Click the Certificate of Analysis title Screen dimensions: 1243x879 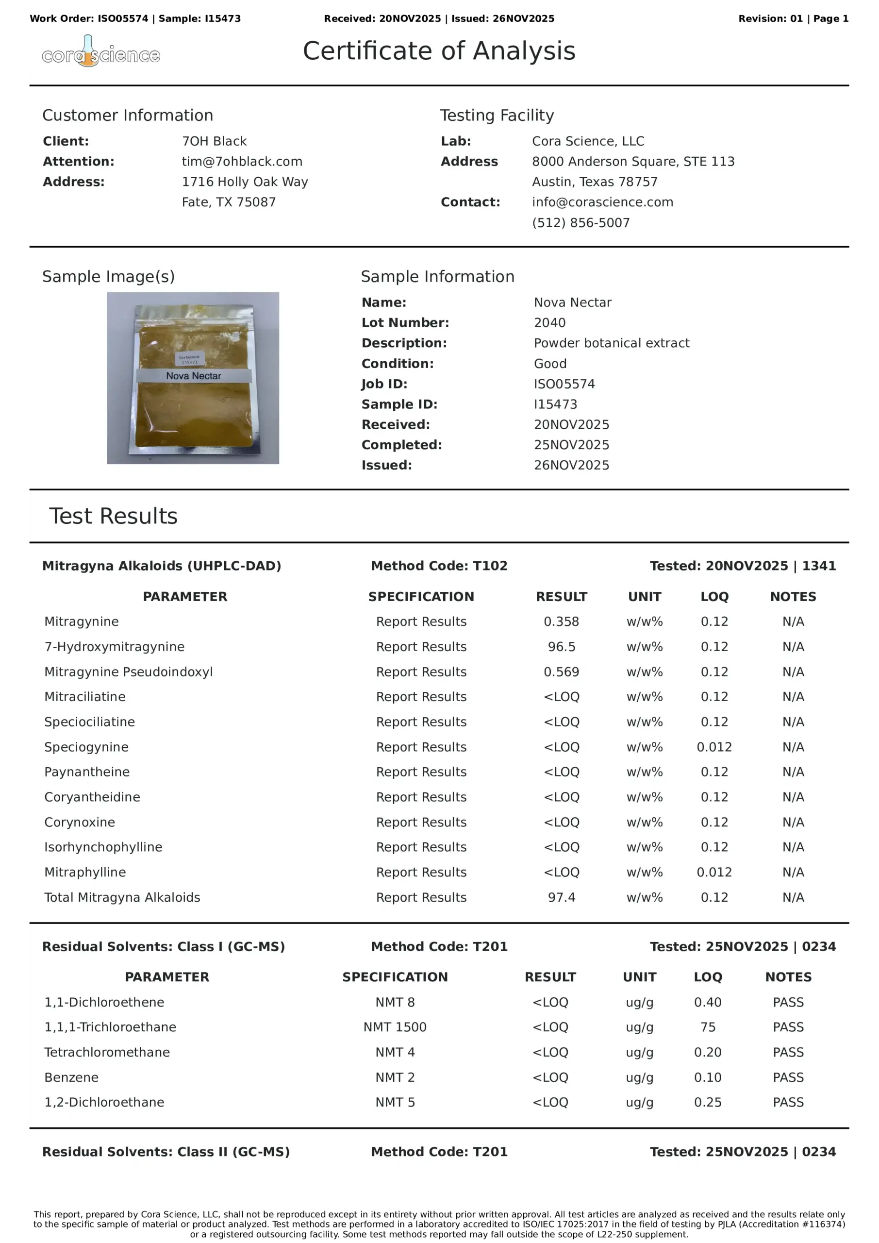click(438, 51)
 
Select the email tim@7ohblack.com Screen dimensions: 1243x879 click(242, 161)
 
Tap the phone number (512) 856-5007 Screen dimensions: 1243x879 click(581, 222)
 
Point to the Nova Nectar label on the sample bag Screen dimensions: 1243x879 click(193, 376)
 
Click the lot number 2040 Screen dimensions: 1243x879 click(549, 323)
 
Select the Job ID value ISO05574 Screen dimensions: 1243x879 click(564, 384)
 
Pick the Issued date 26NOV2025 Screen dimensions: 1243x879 click(571, 465)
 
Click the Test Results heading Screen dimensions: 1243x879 click(113, 516)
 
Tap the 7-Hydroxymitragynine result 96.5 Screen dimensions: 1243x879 click(561, 646)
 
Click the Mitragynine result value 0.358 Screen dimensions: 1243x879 click(561, 621)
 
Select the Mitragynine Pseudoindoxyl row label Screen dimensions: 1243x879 click(128, 672)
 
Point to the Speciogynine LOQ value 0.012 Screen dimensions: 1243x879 click(714, 747)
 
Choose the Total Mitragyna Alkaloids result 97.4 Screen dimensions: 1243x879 click(561, 897)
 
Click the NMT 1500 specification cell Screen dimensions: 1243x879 click(395, 1027)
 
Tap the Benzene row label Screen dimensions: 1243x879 click(71, 1077)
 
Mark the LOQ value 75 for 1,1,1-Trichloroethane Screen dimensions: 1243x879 click(707, 1027)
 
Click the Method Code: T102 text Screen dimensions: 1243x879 click(439, 566)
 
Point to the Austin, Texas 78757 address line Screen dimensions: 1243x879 click(594, 182)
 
